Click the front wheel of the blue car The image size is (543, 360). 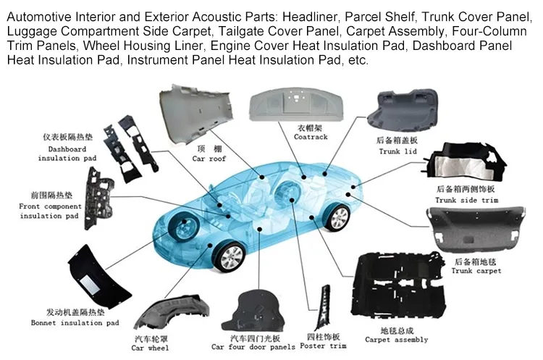(230, 256)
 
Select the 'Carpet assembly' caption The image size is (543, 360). (396, 340)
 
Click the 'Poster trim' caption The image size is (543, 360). (322, 346)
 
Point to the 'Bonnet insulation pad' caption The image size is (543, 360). (75, 323)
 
